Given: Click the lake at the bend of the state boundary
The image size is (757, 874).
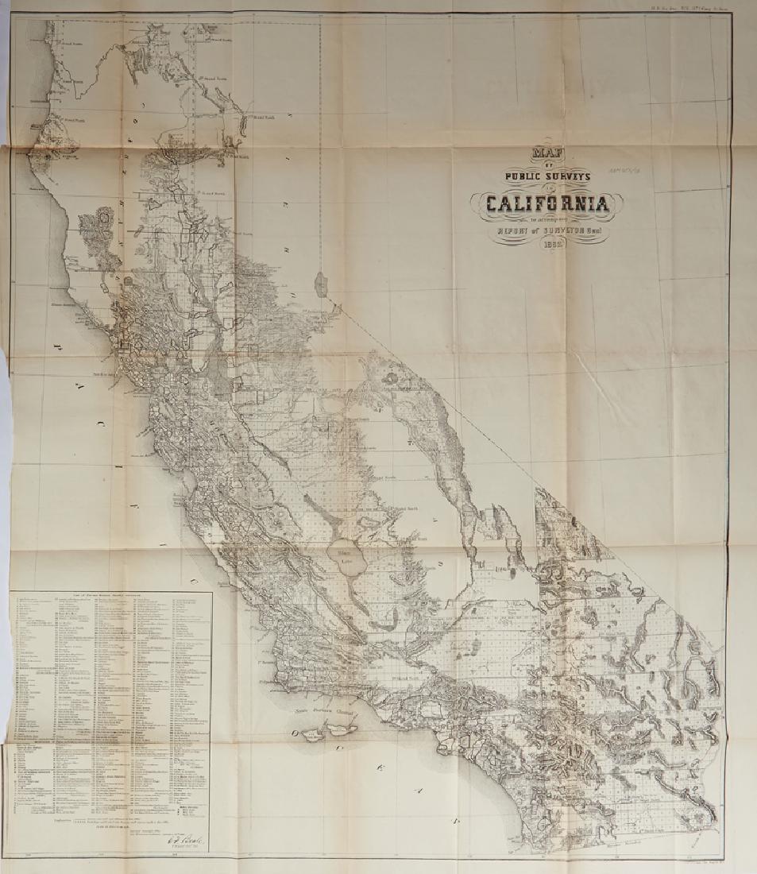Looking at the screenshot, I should pyautogui.click(x=321, y=283).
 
